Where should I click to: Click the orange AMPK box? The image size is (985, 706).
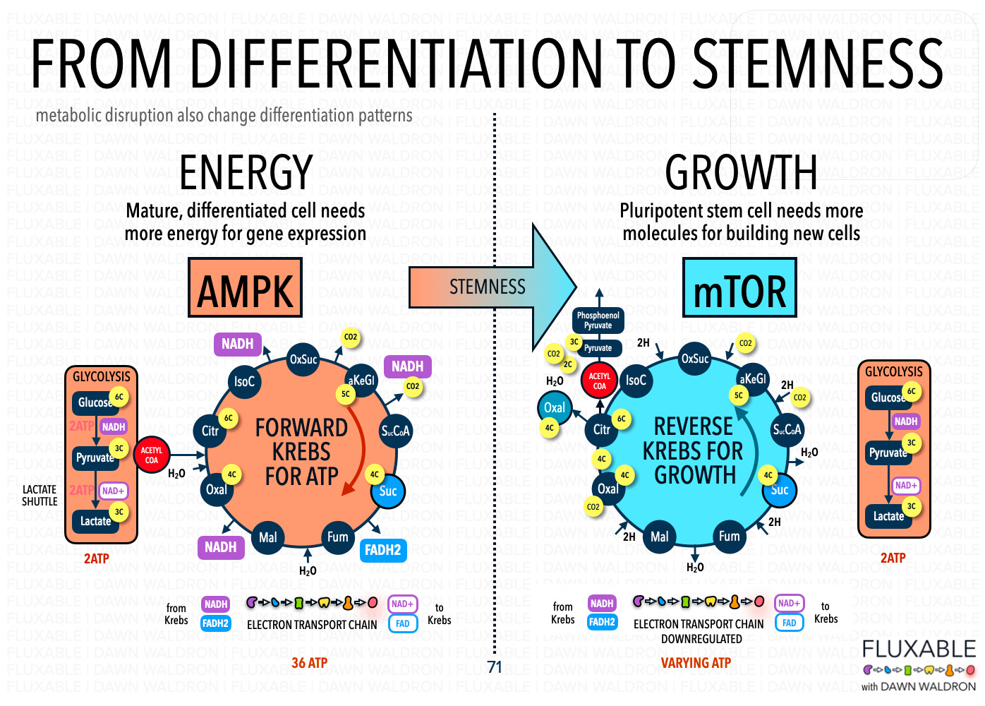click(245, 287)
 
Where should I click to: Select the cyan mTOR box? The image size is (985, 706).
click(739, 287)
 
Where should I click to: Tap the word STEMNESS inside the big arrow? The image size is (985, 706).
click(487, 287)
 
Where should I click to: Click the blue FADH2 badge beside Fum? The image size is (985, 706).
click(382, 550)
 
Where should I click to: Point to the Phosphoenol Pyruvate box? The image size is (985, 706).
click(598, 321)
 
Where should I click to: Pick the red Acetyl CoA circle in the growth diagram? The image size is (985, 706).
click(599, 381)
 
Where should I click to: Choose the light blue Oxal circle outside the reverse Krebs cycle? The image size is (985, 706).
click(555, 407)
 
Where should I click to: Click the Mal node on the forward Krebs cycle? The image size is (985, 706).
click(267, 537)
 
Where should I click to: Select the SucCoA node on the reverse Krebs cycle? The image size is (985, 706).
click(787, 429)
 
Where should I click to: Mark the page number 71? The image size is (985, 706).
click(494, 667)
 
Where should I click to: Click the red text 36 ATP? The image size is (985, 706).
click(309, 663)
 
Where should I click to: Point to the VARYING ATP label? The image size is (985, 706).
click(696, 663)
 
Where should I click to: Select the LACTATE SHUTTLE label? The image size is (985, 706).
click(40, 495)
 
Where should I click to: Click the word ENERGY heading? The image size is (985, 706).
click(246, 173)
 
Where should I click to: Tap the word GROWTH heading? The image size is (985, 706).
click(741, 173)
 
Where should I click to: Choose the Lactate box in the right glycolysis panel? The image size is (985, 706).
click(888, 516)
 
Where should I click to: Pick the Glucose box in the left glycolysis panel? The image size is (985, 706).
click(95, 402)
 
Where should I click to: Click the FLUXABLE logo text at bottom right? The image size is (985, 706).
click(919, 649)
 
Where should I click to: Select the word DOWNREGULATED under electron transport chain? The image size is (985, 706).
click(701, 639)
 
